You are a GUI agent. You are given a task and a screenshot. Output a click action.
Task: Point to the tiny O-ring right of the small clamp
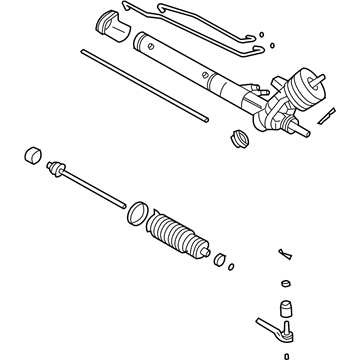click(232, 266)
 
